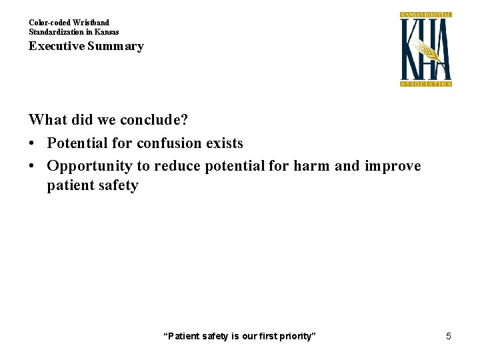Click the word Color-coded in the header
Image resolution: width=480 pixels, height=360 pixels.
point(49,23)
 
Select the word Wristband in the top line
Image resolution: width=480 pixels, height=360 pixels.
point(90,23)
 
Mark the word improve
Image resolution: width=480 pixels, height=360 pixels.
point(393,165)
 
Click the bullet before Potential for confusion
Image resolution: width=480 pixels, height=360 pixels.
point(32,143)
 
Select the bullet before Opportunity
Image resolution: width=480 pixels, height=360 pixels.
point(32,166)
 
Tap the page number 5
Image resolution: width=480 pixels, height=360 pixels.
point(449,336)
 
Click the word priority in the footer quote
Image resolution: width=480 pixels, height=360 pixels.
point(297,336)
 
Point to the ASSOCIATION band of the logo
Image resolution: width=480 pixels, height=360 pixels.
point(426,84)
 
